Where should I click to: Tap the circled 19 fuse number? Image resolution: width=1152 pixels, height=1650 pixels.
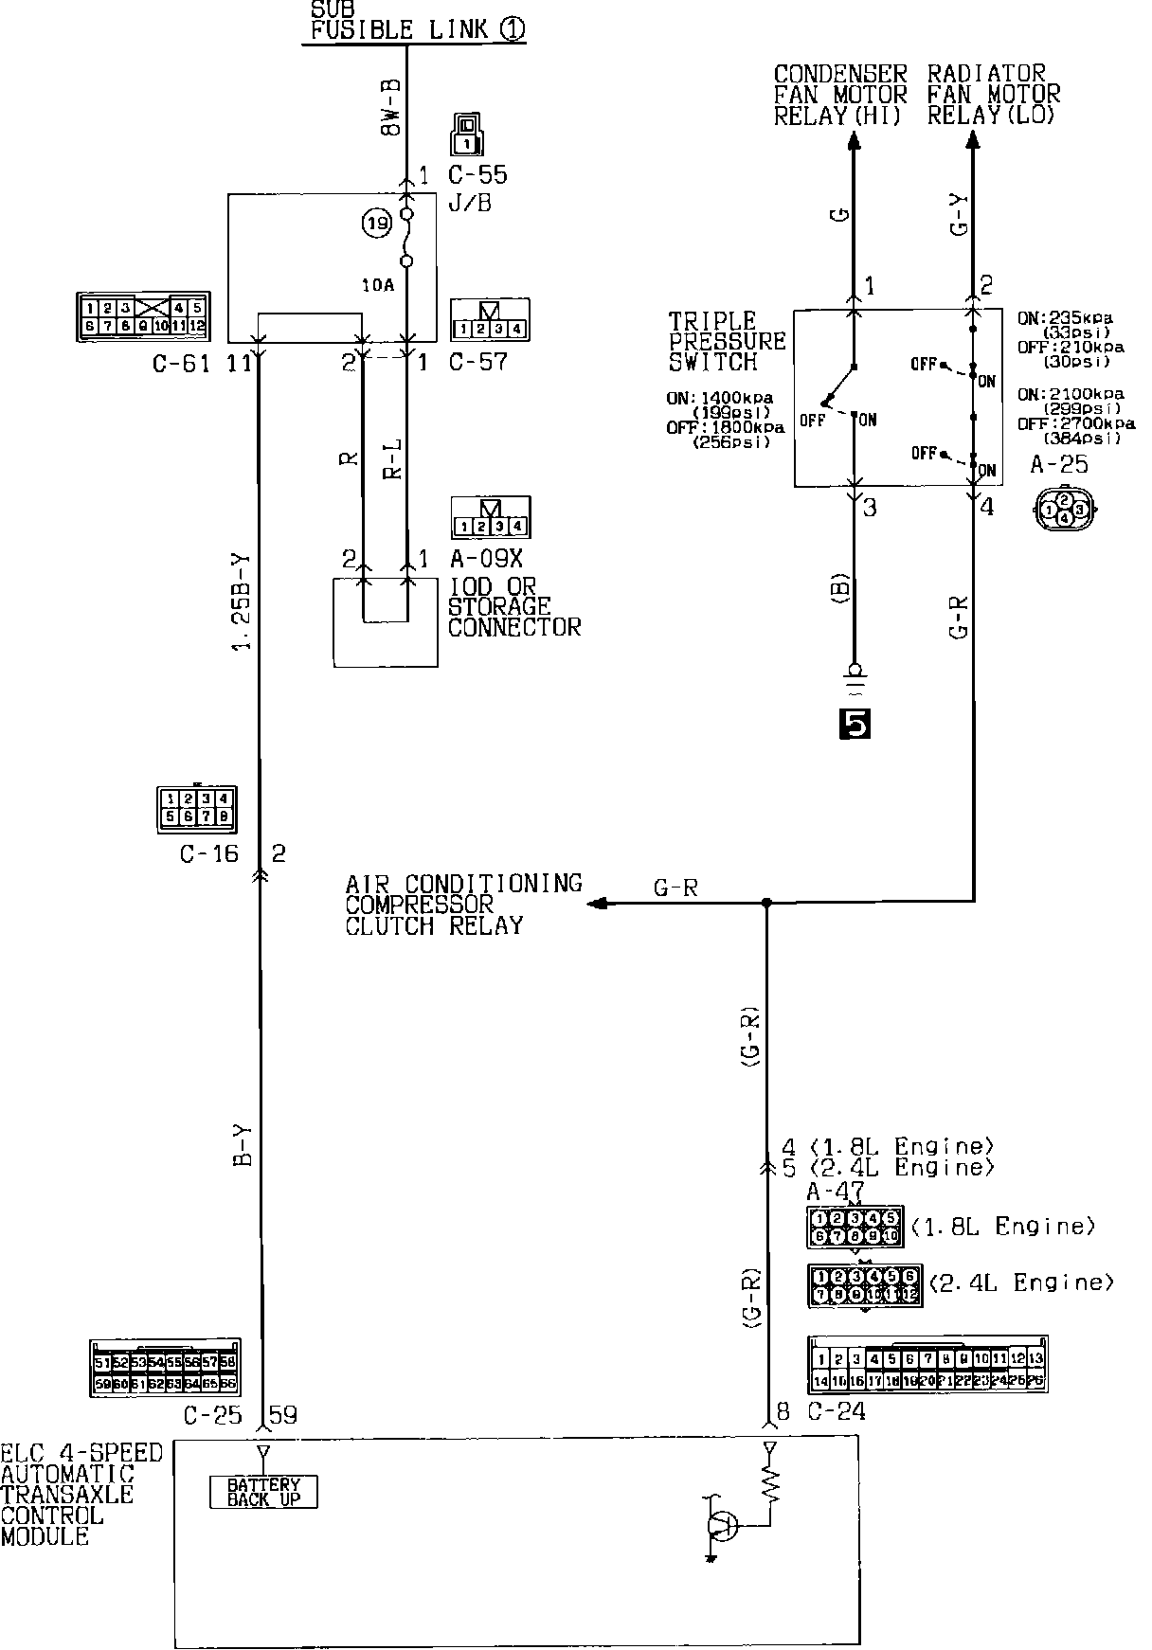coord(376,224)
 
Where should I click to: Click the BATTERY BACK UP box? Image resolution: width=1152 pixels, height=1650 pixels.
coord(263,1493)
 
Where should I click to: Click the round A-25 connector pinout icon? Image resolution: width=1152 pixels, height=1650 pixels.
coord(1065,508)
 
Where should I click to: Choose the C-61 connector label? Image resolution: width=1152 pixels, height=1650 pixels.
coord(182,363)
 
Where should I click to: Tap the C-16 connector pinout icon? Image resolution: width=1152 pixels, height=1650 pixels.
coord(195,808)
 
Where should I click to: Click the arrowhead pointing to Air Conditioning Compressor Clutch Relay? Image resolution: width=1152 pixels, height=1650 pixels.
coord(597,904)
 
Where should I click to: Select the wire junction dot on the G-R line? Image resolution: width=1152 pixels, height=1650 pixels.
coord(766,904)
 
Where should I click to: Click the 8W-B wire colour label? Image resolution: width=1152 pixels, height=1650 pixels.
coord(390,106)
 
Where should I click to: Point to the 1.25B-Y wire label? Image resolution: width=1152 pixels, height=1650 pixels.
coord(243,601)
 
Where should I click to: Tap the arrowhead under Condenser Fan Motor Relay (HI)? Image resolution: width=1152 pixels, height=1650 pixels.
coord(854,141)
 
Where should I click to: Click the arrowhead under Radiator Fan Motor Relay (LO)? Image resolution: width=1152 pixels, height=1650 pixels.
coord(972,141)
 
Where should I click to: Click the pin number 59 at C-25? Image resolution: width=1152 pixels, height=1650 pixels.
coord(283,1415)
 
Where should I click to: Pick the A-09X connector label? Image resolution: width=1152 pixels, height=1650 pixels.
coord(486,557)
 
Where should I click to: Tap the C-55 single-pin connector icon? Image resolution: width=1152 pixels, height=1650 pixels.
coord(466,135)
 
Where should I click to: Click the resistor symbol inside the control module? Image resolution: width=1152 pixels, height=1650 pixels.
coord(770,1487)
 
